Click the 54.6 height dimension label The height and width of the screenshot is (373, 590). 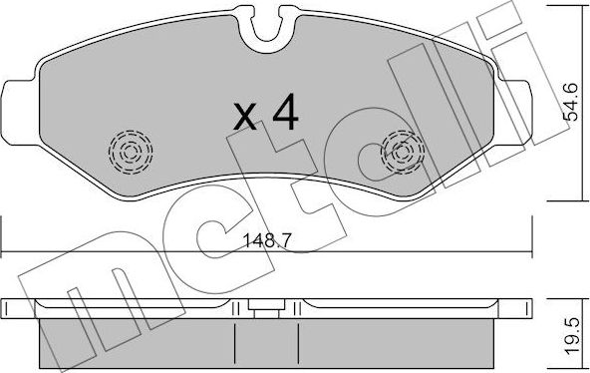[570, 101]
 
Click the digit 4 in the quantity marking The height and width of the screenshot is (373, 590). [284, 116]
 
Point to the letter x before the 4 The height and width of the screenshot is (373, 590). [244, 120]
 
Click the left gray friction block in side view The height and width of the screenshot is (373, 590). [140, 339]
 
